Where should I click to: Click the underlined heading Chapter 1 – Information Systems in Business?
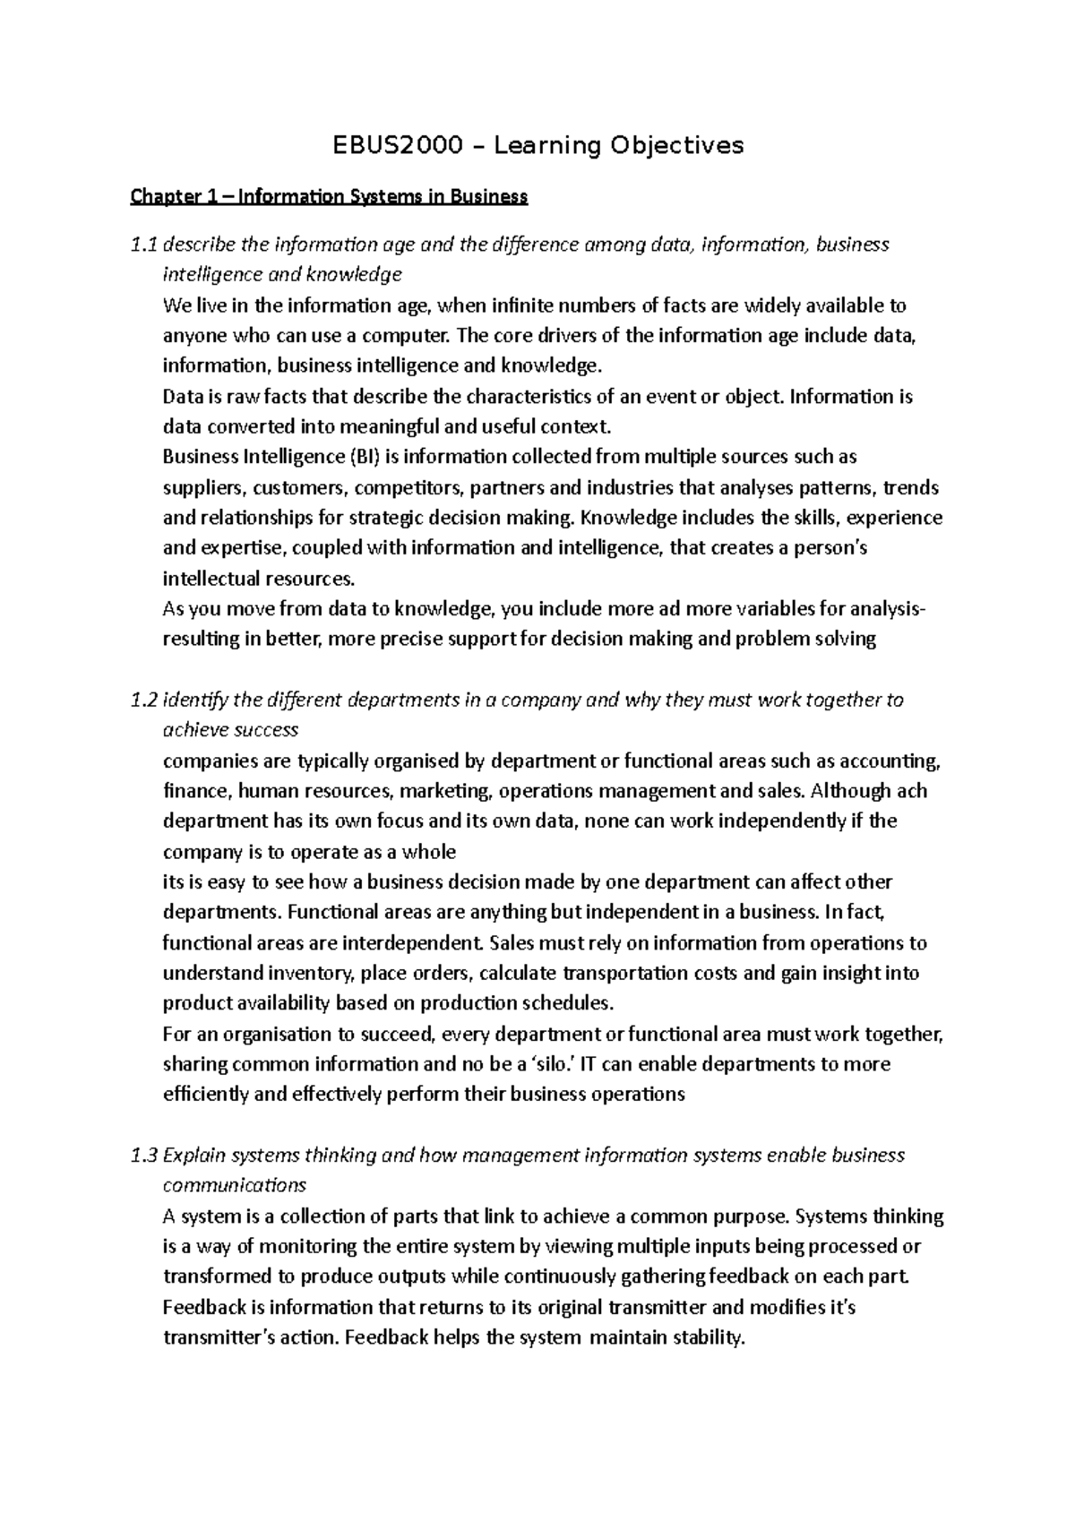tap(329, 196)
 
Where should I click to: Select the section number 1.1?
tap(143, 245)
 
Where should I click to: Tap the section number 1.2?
tap(143, 700)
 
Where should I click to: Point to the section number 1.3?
tap(143, 1156)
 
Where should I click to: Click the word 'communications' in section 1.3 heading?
tap(234, 1186)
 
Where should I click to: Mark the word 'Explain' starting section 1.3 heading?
tap(193, 1156)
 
